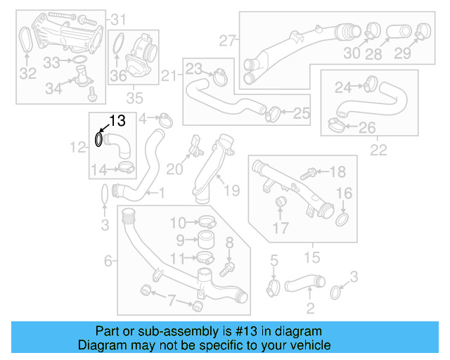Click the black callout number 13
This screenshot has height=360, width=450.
117,121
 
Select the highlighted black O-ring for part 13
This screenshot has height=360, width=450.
99,140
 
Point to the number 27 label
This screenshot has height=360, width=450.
226,41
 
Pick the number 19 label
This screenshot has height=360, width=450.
231,189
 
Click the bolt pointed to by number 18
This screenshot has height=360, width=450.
308,172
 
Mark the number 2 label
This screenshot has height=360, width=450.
310,307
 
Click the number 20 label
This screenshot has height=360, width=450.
174,169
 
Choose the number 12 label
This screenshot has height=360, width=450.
77,147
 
